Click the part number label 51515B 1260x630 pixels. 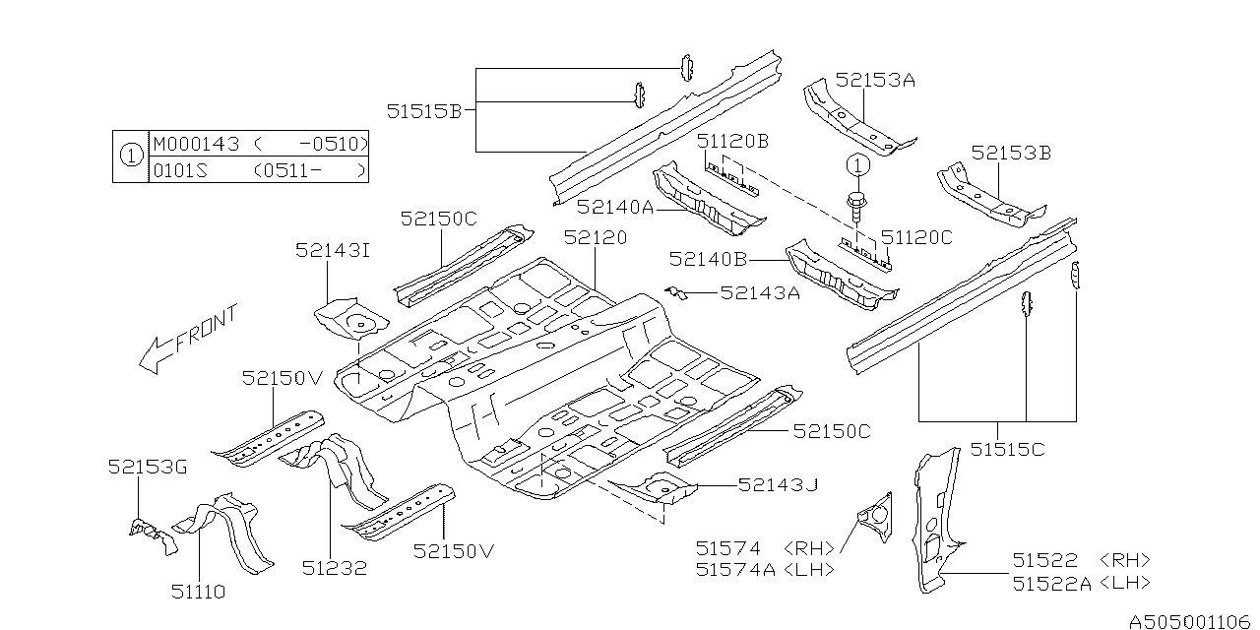[423, 111]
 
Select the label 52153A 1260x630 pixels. [875, 81]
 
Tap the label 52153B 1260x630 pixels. [1011, 153]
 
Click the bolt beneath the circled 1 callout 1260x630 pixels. [856, 207]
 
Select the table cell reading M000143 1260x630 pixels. [196, 144]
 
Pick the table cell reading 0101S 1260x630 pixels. [180, 170]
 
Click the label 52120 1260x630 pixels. [596, 237]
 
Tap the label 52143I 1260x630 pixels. [333, 250]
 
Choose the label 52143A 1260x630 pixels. [760, 292]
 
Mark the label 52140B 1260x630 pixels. [708, 259]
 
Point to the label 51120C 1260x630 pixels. [916, 237]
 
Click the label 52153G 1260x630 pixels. [148, 467]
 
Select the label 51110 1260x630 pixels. [199, 592]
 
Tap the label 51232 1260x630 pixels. [334, 568]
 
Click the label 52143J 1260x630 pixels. [778, 484]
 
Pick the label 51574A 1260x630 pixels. [735, 569]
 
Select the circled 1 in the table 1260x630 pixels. [131, 156]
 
